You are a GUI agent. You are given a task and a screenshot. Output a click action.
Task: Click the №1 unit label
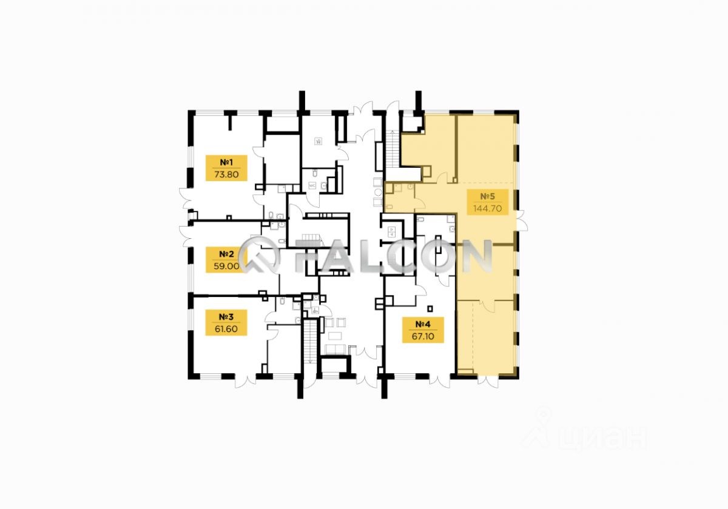(227, 162)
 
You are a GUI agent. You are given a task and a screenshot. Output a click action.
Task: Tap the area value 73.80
(227, 175)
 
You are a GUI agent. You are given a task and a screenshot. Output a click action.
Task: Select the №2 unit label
(227, 253)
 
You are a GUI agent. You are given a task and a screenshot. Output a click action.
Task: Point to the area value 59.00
(227, 265)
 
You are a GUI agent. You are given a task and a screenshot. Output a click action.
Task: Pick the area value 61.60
(227, 329)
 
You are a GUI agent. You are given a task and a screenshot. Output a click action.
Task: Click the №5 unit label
(488, 196)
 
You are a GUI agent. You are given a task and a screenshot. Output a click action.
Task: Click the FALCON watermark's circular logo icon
(259, 256)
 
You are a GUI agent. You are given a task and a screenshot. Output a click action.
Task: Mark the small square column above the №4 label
(430, 306)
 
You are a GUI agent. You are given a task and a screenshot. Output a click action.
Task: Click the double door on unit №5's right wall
(521, 219)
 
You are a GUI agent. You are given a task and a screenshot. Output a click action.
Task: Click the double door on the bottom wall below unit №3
(250, 381)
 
